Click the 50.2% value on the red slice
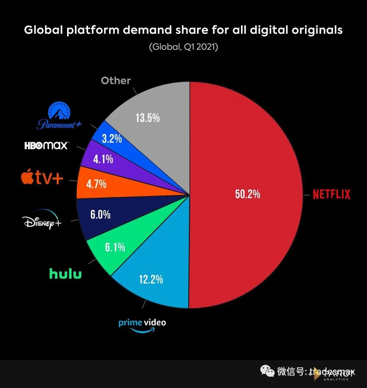(247, 194)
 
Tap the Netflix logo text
(331, 194)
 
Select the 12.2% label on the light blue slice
(150, 280)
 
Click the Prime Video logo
(142, 324)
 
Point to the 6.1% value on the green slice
(115, 247)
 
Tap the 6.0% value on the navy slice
(101, 214)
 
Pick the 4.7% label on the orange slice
(96, 183)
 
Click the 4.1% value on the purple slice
(103, 159)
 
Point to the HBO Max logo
(46, 145)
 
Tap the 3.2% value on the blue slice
(111, 139)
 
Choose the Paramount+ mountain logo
(59, 116)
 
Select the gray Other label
(116, 80)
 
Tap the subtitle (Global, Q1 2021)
(183, 47)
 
